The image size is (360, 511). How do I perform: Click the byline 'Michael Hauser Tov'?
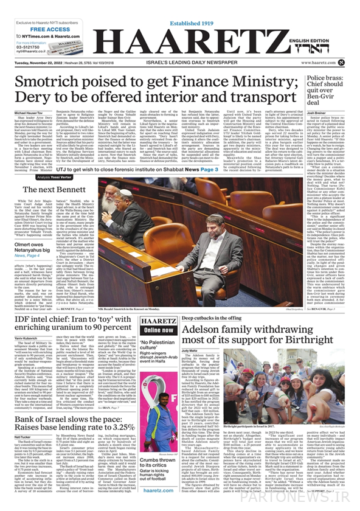pyautogui.click(x=30, y=113)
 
